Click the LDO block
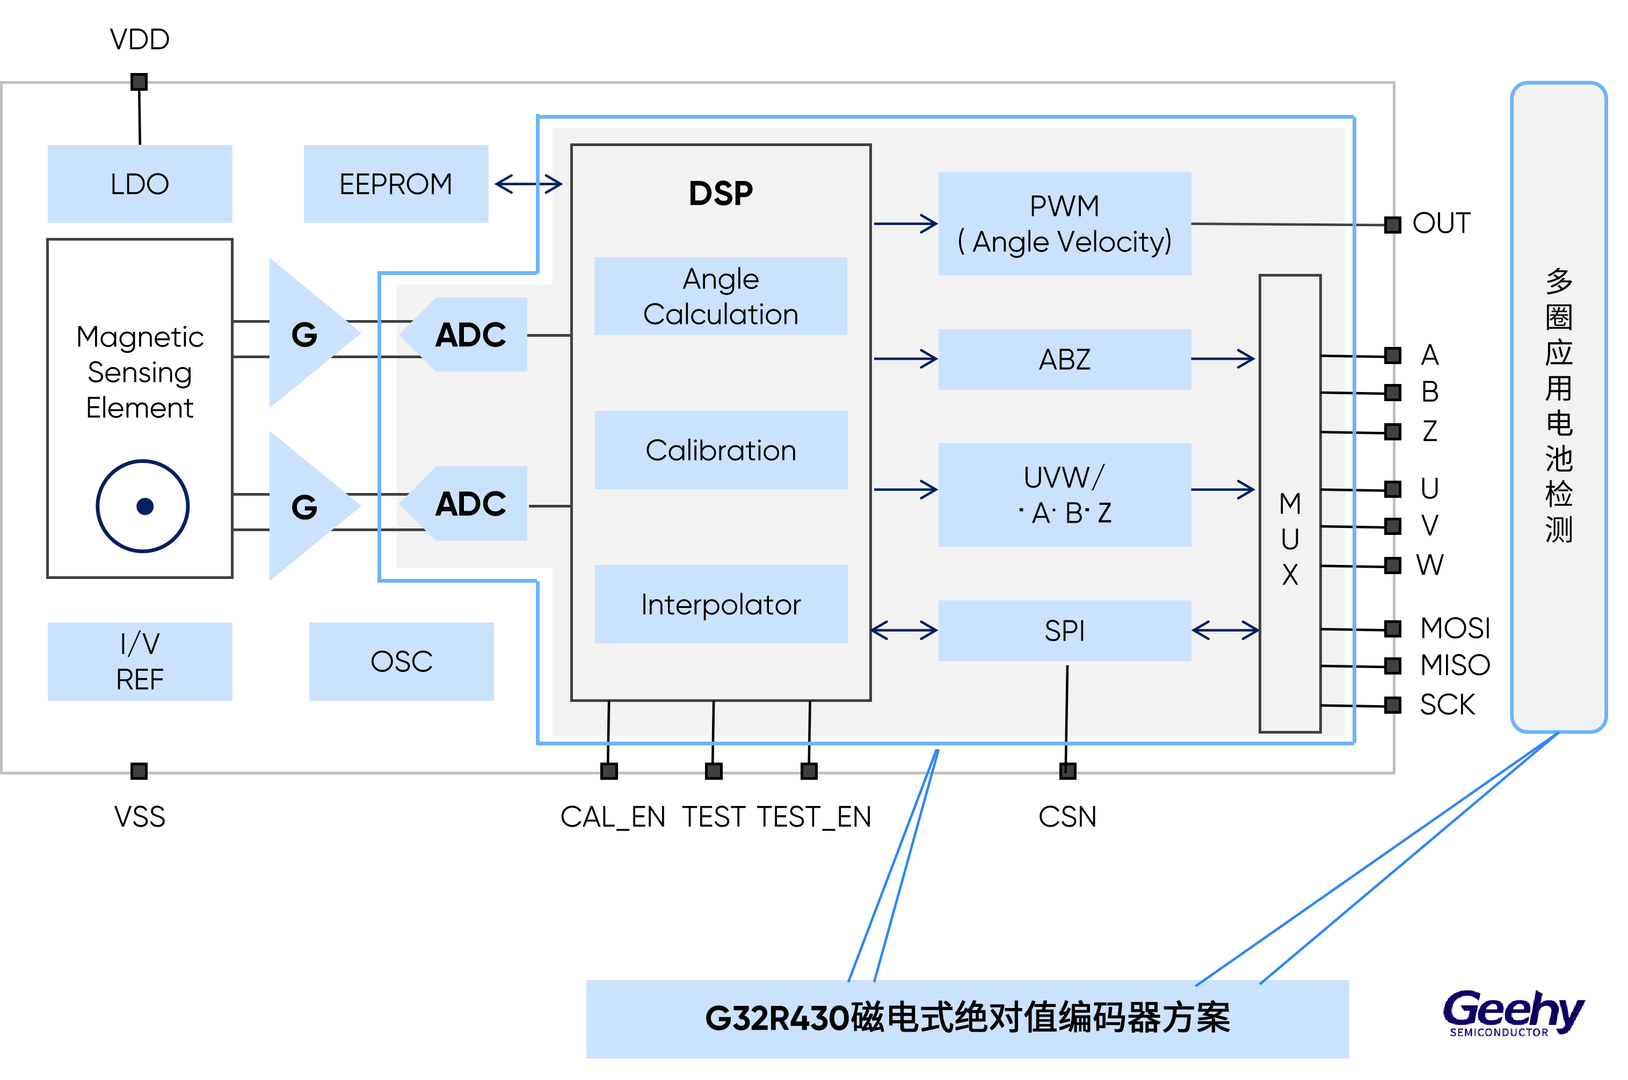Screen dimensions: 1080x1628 [140, 184]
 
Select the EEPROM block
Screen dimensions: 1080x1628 [396, 184]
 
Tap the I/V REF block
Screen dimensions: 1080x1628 [140, 661]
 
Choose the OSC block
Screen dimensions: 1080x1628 [402, 661]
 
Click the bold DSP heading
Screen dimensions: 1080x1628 [721, 193]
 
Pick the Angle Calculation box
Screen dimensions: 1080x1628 [721, 296]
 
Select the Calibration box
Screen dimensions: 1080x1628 [721, 450]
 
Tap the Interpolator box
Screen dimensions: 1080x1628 [721, 604]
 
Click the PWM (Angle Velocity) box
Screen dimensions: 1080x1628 [1065, 224]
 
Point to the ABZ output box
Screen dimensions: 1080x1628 [1065, 359]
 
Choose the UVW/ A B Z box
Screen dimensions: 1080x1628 [1065, 495]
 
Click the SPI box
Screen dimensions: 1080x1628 [1065, 630]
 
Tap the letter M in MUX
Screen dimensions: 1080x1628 [1290, 504]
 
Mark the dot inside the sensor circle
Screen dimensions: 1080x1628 [144, 506]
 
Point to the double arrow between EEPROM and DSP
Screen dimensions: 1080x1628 [528, 184]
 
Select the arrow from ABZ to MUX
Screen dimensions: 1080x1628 [1223, 359]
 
